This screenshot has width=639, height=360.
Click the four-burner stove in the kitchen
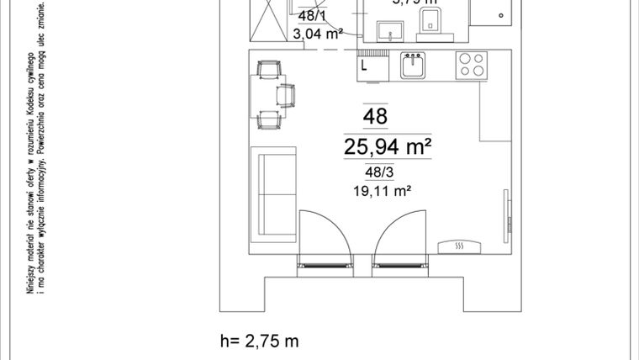pos(471,65)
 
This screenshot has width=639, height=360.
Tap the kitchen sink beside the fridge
pos(414,66)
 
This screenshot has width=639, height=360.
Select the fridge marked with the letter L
pos(371,66)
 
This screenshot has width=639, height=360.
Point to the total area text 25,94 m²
pos(387,147)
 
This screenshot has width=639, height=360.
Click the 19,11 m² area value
pos(382,191)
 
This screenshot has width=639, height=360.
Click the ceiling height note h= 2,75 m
pos(258,341)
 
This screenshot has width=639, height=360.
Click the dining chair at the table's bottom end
pos(269,119)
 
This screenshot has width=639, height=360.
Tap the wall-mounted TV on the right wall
pos(506,210)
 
